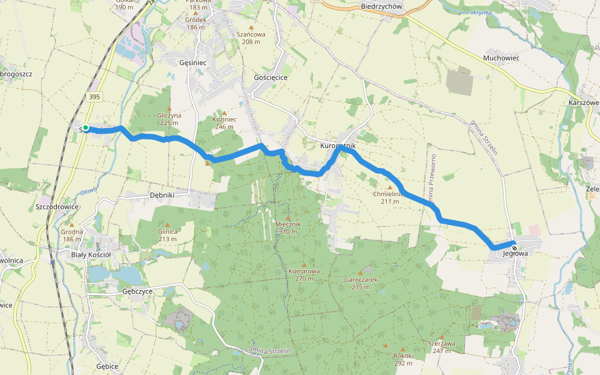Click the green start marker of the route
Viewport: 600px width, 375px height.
click(86, 128)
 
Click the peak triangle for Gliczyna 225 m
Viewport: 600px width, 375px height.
click(169, 108)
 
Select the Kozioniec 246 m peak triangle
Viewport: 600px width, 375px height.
click(223, 112)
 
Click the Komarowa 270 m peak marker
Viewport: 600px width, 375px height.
click(304, 264)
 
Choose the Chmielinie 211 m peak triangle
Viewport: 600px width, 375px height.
click(390, 187)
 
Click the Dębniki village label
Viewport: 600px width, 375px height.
click(162, 195)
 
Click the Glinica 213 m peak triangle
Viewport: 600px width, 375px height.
click(167, 224)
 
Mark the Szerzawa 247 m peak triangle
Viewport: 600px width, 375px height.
click(441, 337)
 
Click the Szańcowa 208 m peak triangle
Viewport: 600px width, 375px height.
click(251, 27)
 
